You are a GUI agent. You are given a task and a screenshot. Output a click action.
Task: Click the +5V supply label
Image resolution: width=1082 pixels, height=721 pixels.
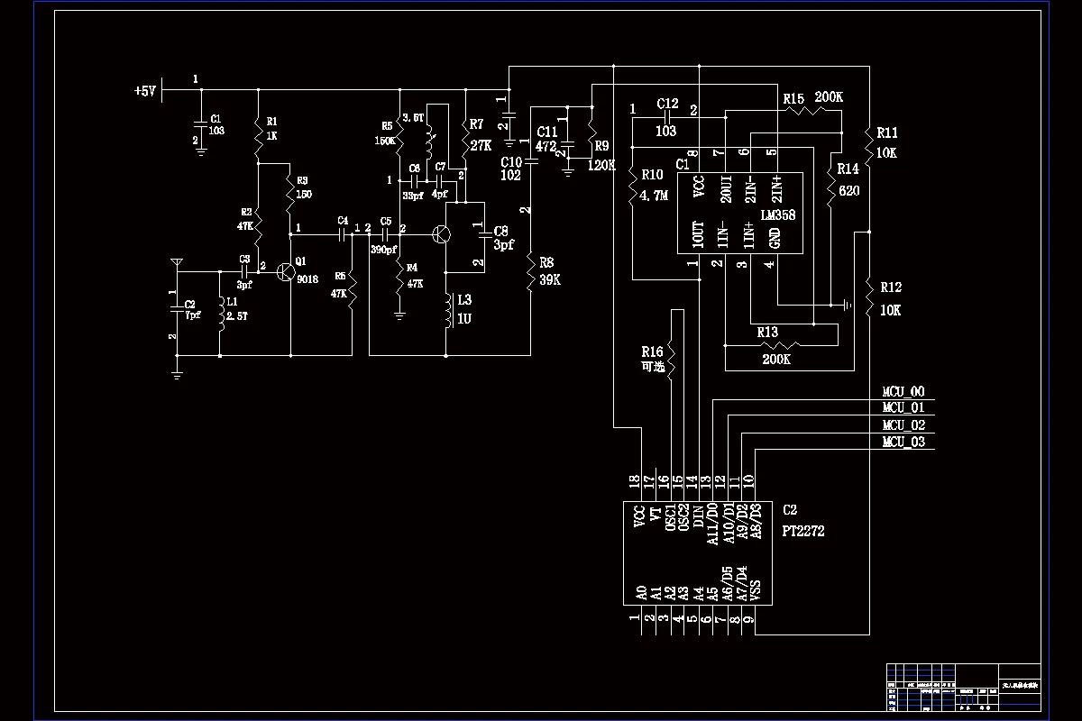click(145, 91)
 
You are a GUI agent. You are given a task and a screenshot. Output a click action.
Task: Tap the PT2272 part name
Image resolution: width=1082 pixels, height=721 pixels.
click(803, 532)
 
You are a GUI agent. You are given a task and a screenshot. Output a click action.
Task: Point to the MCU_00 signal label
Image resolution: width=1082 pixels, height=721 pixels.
click(903, 392)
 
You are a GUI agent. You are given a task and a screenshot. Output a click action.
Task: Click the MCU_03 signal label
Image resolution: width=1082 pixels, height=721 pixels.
click(903, 442)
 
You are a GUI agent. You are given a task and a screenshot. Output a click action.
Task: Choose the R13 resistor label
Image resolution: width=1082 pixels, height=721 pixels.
click(767, 333)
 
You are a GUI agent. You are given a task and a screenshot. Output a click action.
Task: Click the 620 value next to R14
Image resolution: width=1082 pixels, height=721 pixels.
click(848, 191)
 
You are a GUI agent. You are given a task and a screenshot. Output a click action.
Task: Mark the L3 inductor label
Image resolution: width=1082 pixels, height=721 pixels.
click(463, 299)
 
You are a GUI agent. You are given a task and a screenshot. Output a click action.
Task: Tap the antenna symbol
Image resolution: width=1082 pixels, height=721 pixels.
click(178, 263)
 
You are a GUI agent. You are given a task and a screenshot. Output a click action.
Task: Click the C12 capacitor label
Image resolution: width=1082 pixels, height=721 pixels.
click(667, 104)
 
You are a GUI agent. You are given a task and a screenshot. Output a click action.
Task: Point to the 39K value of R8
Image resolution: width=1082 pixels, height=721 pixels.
click(551, 279)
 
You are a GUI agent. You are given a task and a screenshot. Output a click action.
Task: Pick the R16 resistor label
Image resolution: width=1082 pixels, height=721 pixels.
click(652, 351)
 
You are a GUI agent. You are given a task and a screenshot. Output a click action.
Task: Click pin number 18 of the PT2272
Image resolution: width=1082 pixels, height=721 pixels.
click(635, 481)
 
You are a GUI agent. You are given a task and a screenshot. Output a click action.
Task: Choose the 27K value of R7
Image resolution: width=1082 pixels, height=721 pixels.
click(481, 145)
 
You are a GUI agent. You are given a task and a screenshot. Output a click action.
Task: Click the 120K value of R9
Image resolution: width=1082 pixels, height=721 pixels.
click(601, 165)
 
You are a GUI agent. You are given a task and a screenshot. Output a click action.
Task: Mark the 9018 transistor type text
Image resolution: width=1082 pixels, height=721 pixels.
click(308, 279)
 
